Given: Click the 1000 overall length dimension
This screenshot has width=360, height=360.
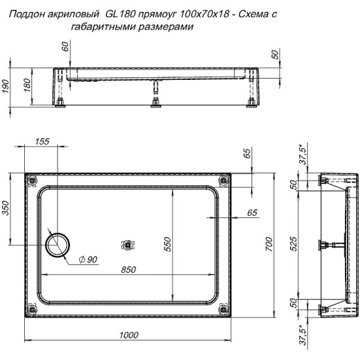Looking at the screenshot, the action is click(129, 335).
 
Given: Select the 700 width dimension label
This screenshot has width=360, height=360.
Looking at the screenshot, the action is click(269, 245).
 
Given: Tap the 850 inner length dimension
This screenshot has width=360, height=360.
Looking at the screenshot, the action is click(128, 270).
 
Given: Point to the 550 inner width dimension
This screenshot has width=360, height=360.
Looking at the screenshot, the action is click(168, 245).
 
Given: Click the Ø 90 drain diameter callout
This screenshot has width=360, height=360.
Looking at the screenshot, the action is click(88, 260).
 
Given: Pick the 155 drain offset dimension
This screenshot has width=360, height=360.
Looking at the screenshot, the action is click(42, 141).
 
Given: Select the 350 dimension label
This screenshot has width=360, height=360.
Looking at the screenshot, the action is click(5, 208).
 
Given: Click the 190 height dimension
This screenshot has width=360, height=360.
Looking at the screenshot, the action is click(5, 86).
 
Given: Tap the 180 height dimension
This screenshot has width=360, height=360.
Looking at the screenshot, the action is click(27, 85).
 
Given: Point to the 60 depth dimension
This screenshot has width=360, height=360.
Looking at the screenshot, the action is click(65, 46).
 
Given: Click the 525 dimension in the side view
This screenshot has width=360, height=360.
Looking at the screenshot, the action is click(294, 244).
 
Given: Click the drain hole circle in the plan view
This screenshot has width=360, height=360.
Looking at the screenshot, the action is click(58, 245).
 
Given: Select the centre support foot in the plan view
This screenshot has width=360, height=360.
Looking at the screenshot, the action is click(128, 245).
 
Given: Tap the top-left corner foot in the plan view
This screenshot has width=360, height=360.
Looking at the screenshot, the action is click(32, 181).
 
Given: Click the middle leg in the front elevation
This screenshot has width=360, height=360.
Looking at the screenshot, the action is click(156, 94).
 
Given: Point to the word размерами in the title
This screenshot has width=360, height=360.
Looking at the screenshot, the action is click(166, 27).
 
